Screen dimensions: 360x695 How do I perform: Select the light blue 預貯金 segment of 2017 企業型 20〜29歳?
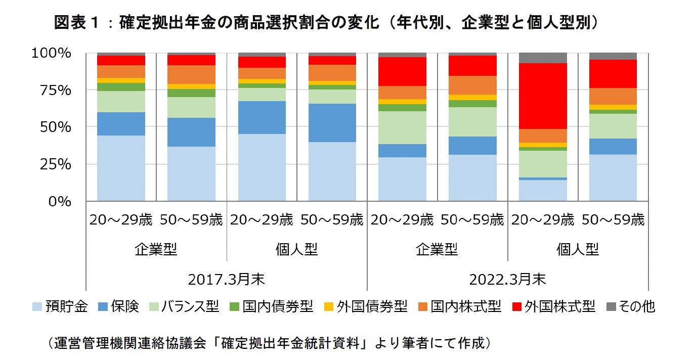pyautogui.click(x=121, y=168)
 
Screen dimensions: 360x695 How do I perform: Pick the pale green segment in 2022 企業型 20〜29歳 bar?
pyautogui.click(x=402, y=127)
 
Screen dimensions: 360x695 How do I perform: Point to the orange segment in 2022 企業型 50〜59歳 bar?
pyautogui.click(x=472, y=85)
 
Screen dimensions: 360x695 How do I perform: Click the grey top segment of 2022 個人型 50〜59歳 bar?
pyautogui.click(x=613, y=56)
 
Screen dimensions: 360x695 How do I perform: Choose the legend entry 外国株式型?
pyautogui.click(x=553, y=306)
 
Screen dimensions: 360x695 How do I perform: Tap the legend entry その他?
pyautogui.click(x=629, y=306)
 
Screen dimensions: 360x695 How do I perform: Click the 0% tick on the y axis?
pyautogui.click(x=61, y=201)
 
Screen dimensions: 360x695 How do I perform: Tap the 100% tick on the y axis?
pyautogui.click(x=53, y=53)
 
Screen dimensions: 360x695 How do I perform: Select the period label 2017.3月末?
pyautogui.click(x=226, y=279)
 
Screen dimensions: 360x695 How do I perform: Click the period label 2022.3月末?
pyautogui.click(x=507, y=279)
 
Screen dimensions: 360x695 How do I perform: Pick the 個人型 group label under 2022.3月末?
pyautogui.click(x=578, y=249)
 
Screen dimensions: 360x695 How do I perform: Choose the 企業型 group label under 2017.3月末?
pyautogui.click(x=156, y=249)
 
